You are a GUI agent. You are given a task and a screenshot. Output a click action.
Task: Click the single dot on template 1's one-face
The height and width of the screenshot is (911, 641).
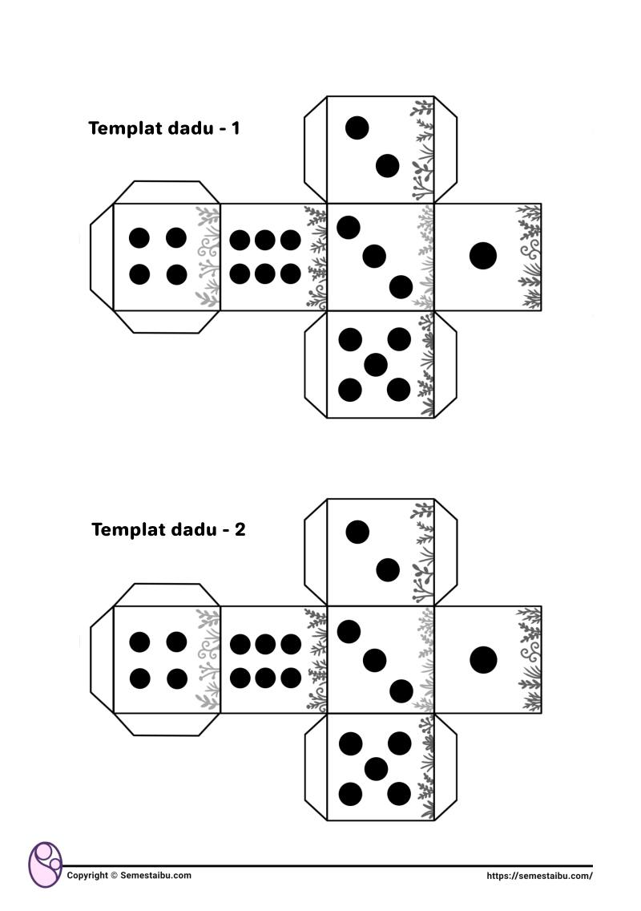(483, 256)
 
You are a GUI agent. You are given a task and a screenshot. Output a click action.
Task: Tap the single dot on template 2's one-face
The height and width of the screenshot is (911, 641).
(483, 659)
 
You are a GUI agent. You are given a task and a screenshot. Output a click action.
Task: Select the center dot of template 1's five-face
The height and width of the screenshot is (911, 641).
(376, 365)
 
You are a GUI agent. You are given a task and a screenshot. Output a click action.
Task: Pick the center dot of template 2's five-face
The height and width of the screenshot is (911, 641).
(377, 768)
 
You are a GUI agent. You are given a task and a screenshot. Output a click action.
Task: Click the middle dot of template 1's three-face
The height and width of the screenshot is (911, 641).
(374, 257)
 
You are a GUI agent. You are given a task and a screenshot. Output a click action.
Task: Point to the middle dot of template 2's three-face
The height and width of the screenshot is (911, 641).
(374, 660)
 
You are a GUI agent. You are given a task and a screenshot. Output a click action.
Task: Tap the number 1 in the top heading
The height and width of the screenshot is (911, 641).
(235, 128)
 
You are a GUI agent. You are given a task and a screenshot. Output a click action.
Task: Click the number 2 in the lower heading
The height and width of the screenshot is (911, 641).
(240, 529)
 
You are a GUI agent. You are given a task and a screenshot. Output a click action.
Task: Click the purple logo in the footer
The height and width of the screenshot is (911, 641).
(46, 864)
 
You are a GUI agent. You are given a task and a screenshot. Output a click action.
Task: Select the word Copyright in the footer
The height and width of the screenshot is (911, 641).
(87, 876)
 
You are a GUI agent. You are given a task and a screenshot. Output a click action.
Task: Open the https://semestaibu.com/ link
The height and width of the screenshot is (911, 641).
(539, 877)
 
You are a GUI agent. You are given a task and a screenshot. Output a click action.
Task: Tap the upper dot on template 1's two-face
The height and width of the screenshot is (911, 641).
(357, 128)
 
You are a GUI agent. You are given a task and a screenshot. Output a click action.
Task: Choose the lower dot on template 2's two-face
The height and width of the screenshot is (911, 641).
(388, 570)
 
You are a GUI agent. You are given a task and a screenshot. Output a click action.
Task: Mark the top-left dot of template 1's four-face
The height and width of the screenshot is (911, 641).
(139, 237)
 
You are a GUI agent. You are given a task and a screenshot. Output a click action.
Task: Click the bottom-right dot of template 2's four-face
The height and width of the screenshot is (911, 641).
(176, 678)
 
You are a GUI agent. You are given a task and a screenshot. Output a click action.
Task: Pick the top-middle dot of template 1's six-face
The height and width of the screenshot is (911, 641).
(264, 239)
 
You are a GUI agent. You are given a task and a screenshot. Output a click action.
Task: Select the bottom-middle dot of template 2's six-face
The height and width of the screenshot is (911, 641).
(265, 678)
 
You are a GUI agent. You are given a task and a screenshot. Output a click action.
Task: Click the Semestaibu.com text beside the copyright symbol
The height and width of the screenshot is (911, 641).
(155, 876)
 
